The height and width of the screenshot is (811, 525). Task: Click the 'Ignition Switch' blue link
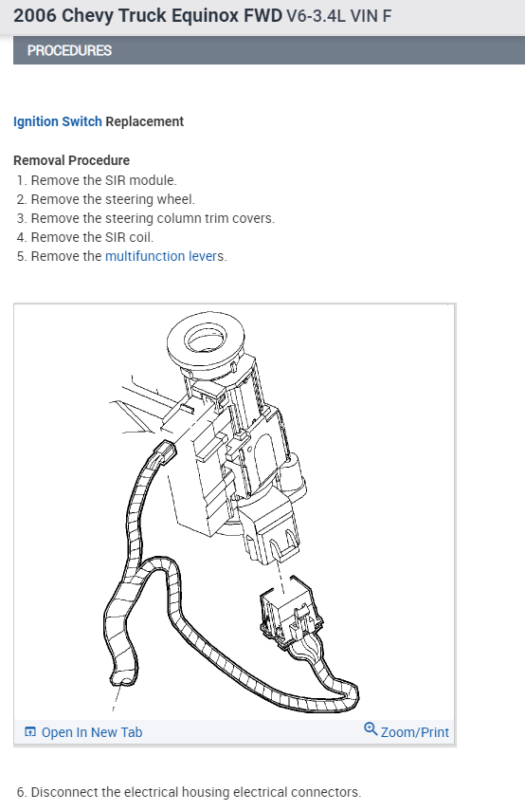point(57,121)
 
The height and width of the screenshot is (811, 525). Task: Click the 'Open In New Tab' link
point(92,732)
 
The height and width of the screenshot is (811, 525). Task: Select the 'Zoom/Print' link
point(414,732)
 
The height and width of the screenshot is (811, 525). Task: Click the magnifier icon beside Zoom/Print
point(371,729)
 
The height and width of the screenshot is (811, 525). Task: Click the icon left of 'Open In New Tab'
point(30,732)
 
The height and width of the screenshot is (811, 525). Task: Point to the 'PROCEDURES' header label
point(69,50)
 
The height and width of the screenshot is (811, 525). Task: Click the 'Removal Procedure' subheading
point(72,160)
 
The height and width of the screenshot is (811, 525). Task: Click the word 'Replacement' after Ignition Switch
point(145,121)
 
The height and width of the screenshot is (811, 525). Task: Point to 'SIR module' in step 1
point(139,180)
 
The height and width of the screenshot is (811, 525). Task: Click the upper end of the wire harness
point(165,453)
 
